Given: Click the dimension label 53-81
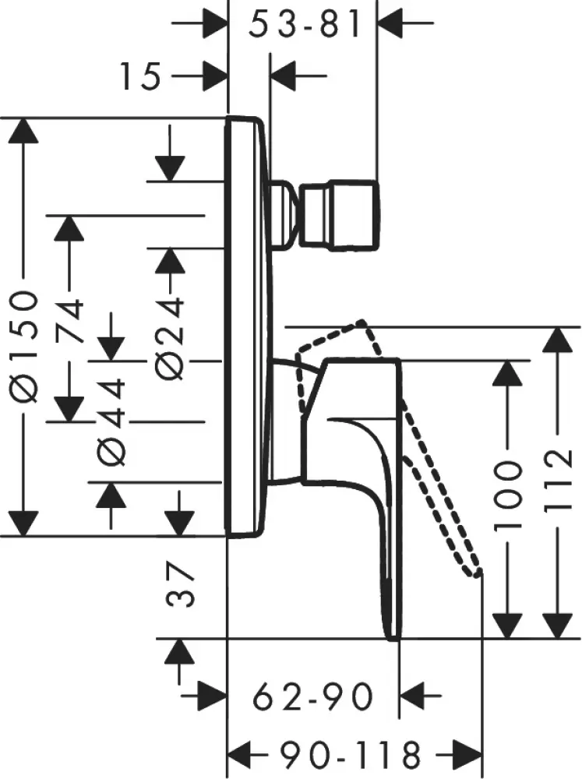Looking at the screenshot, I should tap(305, 26).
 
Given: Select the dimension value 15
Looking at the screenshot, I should tap(141, 76).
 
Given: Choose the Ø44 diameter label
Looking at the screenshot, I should tap(112, 421).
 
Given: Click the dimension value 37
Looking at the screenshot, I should tap(182, 585).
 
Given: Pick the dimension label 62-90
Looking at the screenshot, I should tap(312, 696).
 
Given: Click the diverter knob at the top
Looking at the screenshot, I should tap(340, 217).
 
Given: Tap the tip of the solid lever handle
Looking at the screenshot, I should tap(392, 631).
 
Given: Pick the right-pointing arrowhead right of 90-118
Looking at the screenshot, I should tap(449, 754).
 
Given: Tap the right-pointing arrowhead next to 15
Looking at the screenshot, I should tap(213, 76).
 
